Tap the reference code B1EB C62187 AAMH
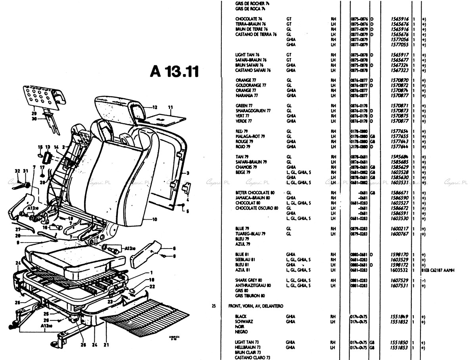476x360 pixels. (x=438, y=270)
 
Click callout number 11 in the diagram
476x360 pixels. (x=171, y=107)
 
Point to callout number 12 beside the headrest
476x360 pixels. (x=155, y=107)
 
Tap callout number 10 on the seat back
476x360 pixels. (x=154, y=219)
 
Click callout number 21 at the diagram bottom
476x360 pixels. (x=106, y=345)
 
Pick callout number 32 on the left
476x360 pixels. (x=17, y=171)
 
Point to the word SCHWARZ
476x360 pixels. (x=244, y=322)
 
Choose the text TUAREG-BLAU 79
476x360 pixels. (x=250, y=234)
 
